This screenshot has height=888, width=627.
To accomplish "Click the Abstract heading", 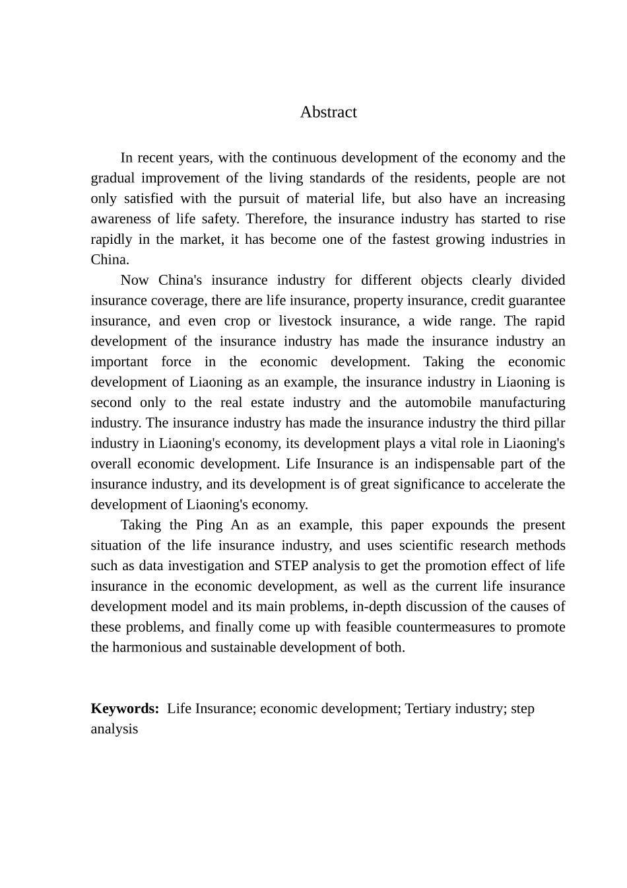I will (x=328, y=112).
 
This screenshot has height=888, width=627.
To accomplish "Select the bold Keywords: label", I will (x=125, y=709).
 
